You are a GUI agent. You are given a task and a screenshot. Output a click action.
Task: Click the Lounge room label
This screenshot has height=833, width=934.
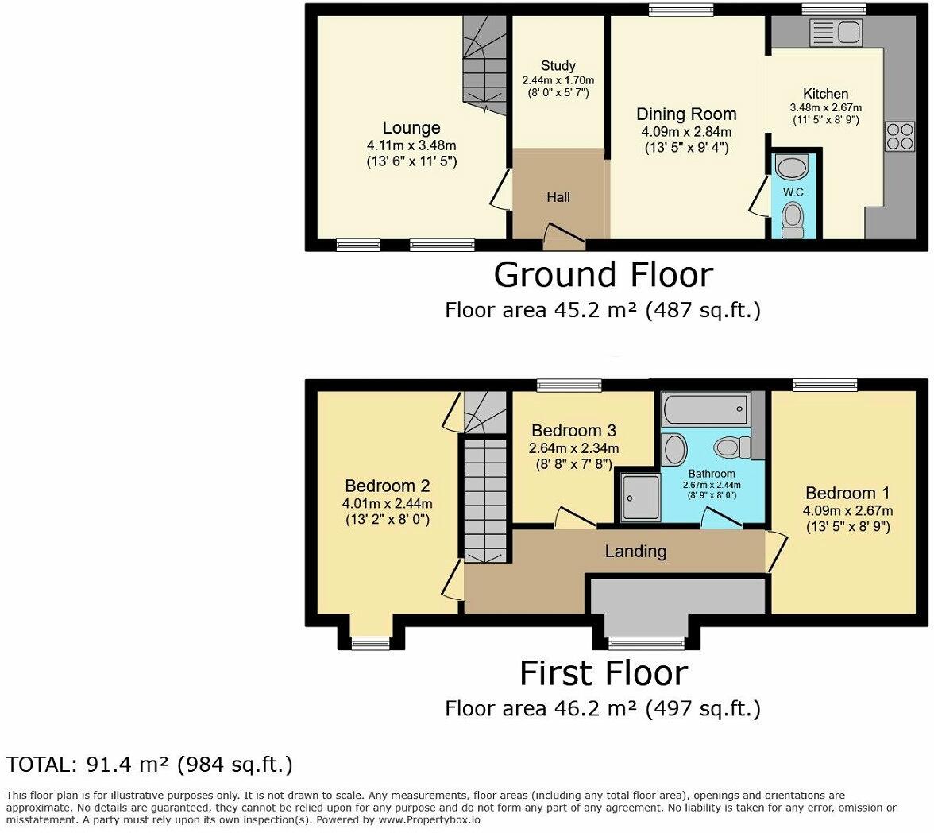pos(411,128)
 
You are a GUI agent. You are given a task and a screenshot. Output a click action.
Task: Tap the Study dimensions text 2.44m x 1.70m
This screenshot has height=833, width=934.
pos(558,80)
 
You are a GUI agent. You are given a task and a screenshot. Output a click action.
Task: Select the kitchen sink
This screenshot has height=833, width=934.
pos(833,33)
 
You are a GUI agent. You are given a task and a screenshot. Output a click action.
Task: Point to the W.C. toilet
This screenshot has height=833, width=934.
pos(792,219)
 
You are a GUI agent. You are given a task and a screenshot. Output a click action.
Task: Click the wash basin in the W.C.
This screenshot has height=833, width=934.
pos(791,168)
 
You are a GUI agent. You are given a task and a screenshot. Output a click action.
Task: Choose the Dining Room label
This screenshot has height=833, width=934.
pos(686,114)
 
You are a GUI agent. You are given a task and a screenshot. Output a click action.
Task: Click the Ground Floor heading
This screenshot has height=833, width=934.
pos(603,275)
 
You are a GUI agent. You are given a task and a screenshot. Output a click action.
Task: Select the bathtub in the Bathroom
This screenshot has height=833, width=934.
pos(704,409)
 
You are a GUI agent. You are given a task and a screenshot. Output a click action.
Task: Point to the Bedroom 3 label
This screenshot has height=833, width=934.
pos(573,430)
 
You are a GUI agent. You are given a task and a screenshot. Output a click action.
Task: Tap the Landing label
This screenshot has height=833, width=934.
pos(635,551)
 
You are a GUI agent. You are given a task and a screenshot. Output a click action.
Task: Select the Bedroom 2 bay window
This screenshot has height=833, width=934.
pos(370,643)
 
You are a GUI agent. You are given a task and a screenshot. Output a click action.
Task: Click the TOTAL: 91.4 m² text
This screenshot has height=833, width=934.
pos(149,765)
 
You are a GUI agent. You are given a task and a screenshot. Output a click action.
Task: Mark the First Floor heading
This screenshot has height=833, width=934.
pos(603,673)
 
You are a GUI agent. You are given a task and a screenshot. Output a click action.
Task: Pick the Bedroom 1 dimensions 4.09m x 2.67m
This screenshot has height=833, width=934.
pos(847,511)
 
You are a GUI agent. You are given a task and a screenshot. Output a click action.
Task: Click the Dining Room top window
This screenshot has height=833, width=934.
pos(681,10)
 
